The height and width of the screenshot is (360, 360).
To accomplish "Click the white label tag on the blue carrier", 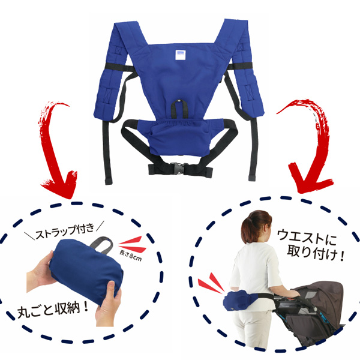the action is point(181,55).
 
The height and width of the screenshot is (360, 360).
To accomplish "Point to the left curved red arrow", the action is point(56,147).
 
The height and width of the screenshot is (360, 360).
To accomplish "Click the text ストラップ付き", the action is point(65,231).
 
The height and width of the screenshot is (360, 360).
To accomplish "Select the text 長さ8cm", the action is point(130,256).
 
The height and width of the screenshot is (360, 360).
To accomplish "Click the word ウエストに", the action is point(307,237).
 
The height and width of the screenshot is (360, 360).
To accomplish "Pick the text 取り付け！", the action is point(316,253).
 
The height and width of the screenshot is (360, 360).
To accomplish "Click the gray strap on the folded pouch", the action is point(102,245).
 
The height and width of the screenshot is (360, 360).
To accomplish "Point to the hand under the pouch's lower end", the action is point(108,303).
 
